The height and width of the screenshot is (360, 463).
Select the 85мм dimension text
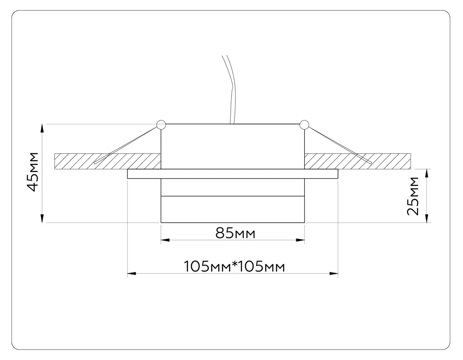pos(235,233)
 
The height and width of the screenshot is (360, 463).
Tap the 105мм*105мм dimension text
pos(234,266)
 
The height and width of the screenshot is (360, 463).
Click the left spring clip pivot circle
pos(161,125)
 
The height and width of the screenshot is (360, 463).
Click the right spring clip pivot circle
pos(304,125)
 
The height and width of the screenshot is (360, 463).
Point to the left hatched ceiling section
pos(108,161)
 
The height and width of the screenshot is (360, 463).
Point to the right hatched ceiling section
pos(358,161)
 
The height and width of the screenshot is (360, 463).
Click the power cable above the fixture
pos(231,90)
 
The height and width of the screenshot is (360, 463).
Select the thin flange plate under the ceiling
pos(233,174)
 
